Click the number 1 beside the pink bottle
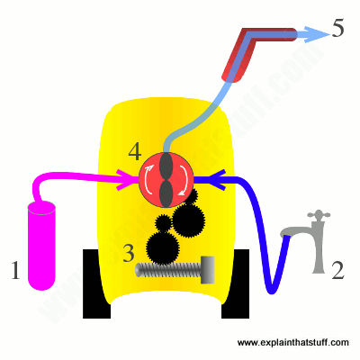click(x=15, y=270)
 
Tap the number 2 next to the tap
click(x=337, y=270)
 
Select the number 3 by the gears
click(x=129, y=253)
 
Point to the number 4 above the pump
click(x=135, y=152)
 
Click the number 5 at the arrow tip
click(x=337, y=29)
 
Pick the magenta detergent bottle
click(x=41, y=246)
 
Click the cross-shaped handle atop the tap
click(x=318, y=215)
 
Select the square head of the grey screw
click(x=208, y=269)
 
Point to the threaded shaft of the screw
click(x=168, y=269)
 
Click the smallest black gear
click(x=164, y=222)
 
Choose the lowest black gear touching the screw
click(x=163, y=247)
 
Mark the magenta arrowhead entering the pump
click(x=125, y=179)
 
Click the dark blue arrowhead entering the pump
click(x=218, y=179)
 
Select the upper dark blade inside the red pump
click(x=166, y=166)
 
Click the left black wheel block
click(x=96, y=283)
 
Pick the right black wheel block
click(x=236, y=283)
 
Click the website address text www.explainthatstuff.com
click(x=293, y=343)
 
